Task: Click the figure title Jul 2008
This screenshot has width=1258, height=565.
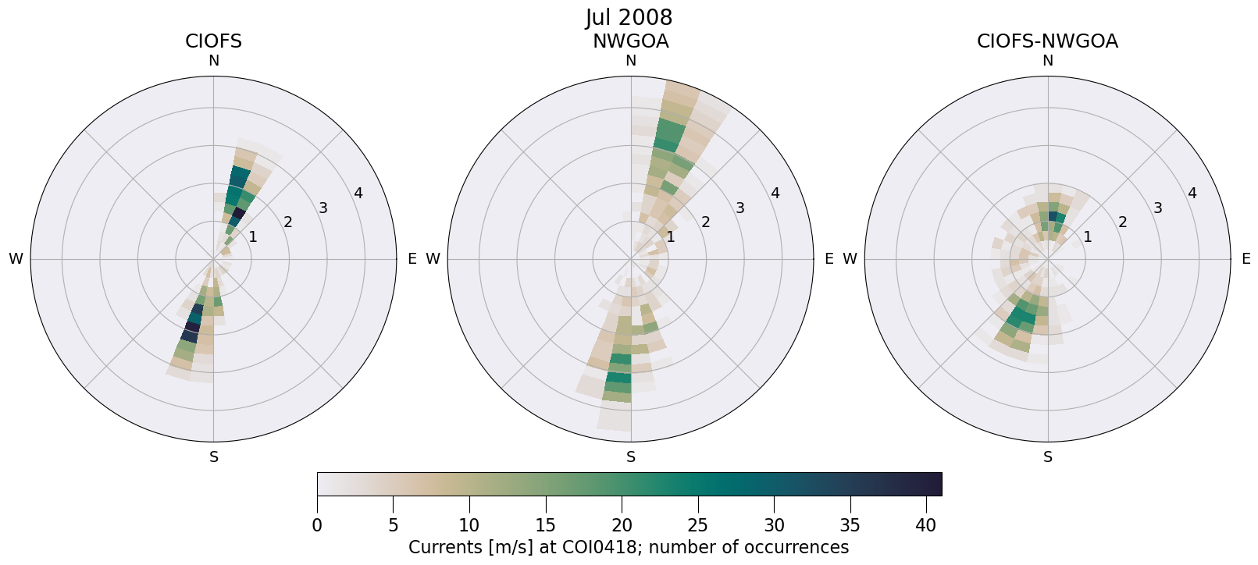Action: coord(629,17)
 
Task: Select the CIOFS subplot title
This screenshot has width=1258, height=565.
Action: coord(213,41)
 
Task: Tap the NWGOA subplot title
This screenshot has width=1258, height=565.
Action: coord(630,41)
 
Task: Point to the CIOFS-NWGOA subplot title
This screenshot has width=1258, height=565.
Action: coord(1047,41)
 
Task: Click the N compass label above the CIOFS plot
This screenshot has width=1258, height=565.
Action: coord(213,61)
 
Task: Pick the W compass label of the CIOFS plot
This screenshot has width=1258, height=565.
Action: coord(16,259)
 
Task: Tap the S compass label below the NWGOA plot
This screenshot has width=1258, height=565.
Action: coord(630,457)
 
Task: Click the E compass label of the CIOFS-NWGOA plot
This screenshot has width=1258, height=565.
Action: coord(1246,259)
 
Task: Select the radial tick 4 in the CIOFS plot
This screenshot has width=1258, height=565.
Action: coord(358,193)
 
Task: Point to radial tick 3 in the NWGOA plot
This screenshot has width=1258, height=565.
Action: coord(739,208)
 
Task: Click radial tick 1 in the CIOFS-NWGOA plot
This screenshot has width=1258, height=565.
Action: coord(1087,236)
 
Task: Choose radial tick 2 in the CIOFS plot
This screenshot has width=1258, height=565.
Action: coord(287,222)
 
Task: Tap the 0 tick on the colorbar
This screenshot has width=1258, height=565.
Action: coord(317,526)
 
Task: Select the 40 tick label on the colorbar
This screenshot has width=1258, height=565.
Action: coord(926,526)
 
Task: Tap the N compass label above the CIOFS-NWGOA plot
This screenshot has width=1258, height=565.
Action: coord(1047,61)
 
